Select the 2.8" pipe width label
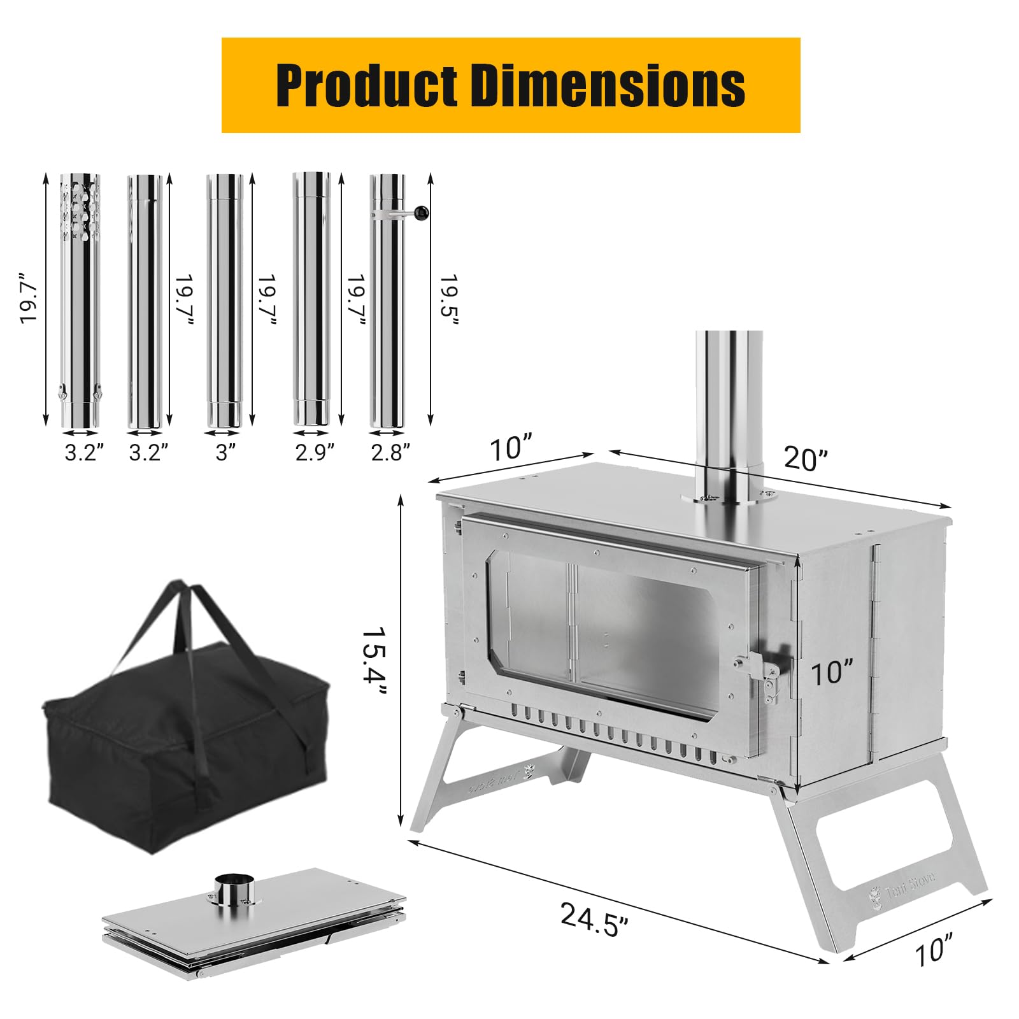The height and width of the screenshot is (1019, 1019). pos(390,452)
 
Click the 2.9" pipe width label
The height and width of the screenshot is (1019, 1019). pos(315,452)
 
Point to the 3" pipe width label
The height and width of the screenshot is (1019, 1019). pos(225,452)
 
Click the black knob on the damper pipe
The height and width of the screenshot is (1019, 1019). pos(421,213)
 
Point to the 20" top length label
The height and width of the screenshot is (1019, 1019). pos(806,458)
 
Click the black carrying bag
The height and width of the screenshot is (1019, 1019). pos(185,752)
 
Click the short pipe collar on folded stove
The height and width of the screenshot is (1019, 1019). pos(234,889)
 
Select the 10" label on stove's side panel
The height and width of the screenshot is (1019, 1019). pos(832,673)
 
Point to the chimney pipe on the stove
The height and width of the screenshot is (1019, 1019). pos(729,408)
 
